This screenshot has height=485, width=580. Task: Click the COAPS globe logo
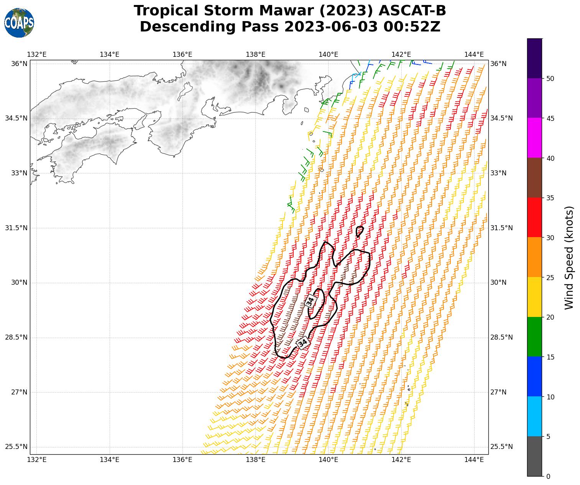(19, 23)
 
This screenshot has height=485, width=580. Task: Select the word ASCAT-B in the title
(412, 11)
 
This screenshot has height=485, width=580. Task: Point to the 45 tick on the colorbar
(550, 118)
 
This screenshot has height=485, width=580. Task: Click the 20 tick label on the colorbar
(550, 317)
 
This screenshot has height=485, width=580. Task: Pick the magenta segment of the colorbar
(534, 137)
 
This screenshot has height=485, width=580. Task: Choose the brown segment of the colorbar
(534, 177)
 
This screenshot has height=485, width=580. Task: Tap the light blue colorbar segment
(534, 416)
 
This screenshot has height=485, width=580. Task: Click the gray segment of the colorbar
(534, 456)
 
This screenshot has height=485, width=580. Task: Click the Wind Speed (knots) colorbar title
(570, 257)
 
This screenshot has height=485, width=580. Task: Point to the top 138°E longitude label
(255, 54)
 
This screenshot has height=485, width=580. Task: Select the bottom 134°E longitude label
(110, 460)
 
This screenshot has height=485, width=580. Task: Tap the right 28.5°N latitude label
(501, 338)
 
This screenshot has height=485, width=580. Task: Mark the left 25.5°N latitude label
(16, 447)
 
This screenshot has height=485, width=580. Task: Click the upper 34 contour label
(310, 301)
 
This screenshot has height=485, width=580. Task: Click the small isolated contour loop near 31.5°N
(359, 231)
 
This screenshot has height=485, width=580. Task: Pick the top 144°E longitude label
(474, 54)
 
